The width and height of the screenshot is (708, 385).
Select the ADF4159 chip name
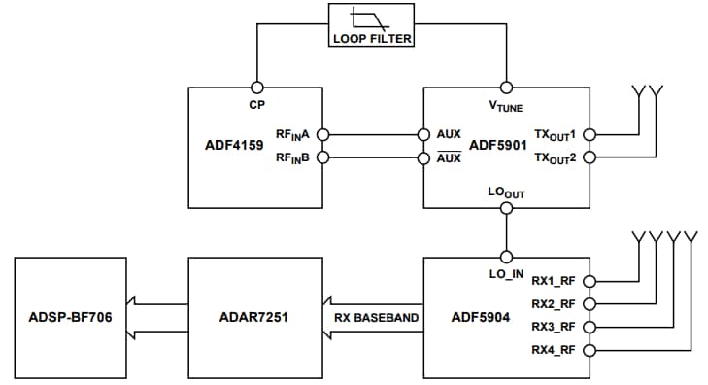point(230,146)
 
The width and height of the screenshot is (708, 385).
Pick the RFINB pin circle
point(324,157)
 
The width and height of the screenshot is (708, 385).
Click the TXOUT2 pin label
point(556,158)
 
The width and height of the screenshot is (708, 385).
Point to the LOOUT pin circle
point(506,208)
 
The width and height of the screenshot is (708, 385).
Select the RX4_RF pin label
point(554,349)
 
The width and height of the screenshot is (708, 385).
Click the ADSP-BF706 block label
point(72,317)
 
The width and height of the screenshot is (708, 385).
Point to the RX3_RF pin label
point(554,327)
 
